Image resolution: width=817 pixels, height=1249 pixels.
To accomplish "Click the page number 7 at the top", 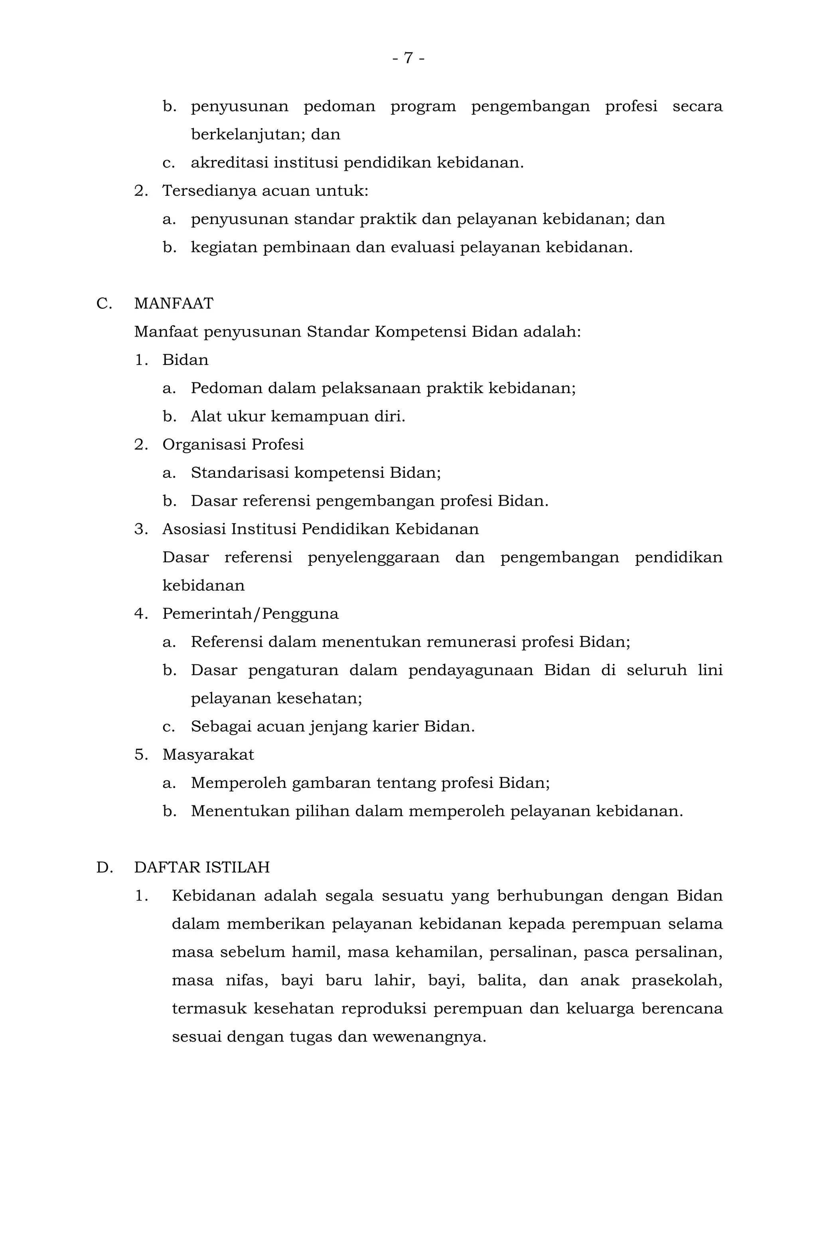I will click(408, 58).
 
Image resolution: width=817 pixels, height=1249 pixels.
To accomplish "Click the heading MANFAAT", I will click(174, 304).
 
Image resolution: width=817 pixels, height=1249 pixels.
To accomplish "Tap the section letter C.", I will click(103, 304).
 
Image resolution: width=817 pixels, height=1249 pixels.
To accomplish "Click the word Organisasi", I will click(204, 445).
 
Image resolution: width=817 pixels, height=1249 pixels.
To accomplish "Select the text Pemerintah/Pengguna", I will click(250, 613).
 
